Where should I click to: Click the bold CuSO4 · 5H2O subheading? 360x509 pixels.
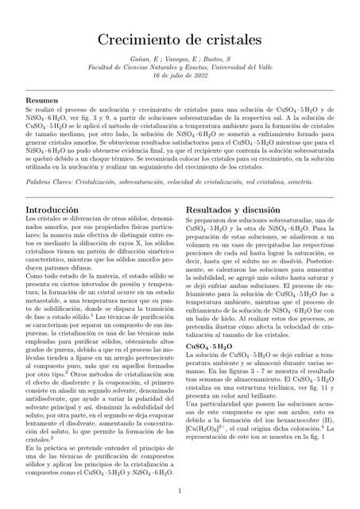click(208, 347)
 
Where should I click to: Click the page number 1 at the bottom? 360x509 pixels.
click(180, 491)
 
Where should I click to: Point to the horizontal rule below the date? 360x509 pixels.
click(180, 89)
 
